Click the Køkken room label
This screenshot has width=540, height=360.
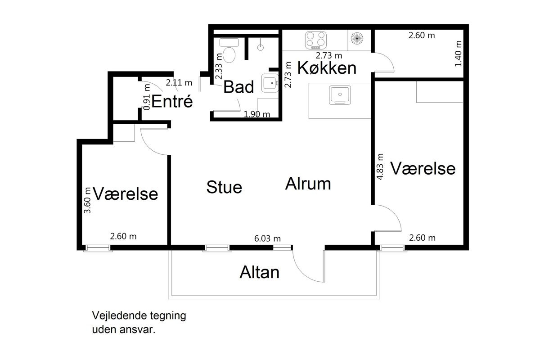click(327, 68)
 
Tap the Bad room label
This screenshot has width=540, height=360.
click(238, 87)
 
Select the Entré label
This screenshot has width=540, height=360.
click(172, 101)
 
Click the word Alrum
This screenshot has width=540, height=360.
click(308, 184)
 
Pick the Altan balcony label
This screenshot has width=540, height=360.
click(259, 272)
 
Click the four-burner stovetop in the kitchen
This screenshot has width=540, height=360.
click(315, 40)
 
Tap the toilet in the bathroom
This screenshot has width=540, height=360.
click(229, 50)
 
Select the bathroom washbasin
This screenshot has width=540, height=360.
click(270, 83)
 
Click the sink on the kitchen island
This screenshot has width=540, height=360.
click(340, 95)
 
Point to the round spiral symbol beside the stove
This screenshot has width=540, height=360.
click(357, 38)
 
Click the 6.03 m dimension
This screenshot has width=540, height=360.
click(267, 238)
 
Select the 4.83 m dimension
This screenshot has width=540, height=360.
click(380, 166)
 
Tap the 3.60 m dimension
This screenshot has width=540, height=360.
click(87, 200)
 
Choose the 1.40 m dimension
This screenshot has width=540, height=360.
click(458, 54)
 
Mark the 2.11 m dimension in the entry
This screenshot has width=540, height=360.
click(179, 83)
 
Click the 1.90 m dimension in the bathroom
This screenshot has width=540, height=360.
click(257, 114)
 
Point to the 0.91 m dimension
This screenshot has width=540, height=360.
click(147, 97)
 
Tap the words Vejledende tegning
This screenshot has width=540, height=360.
click(139, 315)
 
